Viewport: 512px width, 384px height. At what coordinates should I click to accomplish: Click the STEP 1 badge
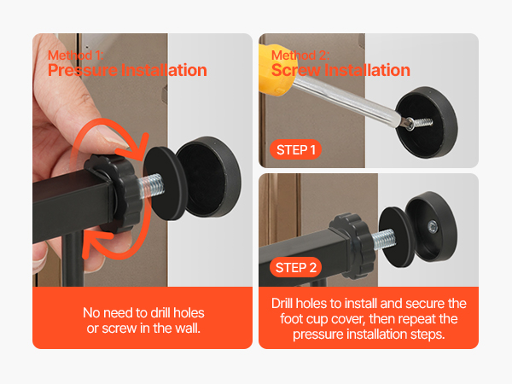pos(295,150)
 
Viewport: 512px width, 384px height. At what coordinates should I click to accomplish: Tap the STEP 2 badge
pos(295,267)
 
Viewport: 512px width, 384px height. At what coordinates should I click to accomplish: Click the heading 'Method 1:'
pos(76,55)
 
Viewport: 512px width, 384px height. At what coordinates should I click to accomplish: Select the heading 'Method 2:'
pos(300,55)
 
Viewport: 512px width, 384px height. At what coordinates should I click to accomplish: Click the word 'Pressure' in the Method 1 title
pos(83,70)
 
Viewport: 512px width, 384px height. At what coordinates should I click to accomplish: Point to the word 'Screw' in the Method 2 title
pos(296,70)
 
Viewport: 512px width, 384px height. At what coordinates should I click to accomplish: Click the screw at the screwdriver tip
pos(420,124)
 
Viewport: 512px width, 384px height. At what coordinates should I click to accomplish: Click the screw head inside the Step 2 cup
pos(433,226)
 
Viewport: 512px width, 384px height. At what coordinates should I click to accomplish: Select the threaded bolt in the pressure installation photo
pos(151,186)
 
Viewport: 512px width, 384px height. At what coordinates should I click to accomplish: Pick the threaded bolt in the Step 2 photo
pos(383,238)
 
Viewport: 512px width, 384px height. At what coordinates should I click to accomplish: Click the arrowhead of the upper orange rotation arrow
pos(139,145)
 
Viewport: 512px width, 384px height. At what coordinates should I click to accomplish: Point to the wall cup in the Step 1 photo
pos(427,123)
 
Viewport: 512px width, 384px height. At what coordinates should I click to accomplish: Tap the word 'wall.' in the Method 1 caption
pos(188,329)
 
